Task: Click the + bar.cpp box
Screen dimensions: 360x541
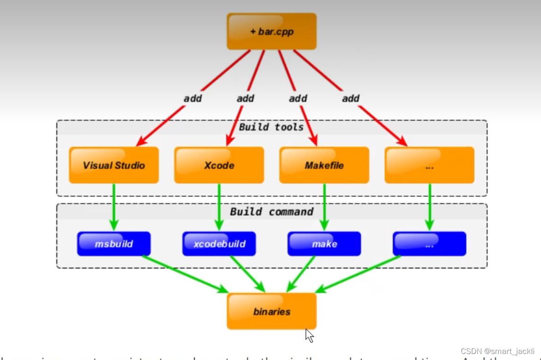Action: tap(271, 31)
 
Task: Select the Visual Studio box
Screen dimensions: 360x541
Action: tap(114, 165)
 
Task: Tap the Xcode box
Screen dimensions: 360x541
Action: tap(219, 165)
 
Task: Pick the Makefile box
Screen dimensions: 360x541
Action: tap(324, 165)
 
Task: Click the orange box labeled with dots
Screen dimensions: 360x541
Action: tap(429, 165)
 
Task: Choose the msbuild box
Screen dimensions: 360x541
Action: tap(114, 243)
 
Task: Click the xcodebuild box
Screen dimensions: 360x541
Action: tap(219, 243)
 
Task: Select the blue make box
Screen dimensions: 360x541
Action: tap(324, 243)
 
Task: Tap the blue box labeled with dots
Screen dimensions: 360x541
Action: tap(429, 243)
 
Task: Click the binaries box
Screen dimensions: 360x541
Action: tap(271, 311)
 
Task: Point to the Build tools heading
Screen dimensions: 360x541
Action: tap(271, 127)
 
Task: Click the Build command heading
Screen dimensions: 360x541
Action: tap(271, 212)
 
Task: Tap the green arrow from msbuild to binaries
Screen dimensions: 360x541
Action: tap(184, 273)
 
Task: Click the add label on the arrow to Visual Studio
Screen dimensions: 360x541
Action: tap(193, 98)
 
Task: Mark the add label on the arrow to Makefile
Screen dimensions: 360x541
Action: tap(298, 98)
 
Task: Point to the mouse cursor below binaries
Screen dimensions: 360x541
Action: tap(309, 335)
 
